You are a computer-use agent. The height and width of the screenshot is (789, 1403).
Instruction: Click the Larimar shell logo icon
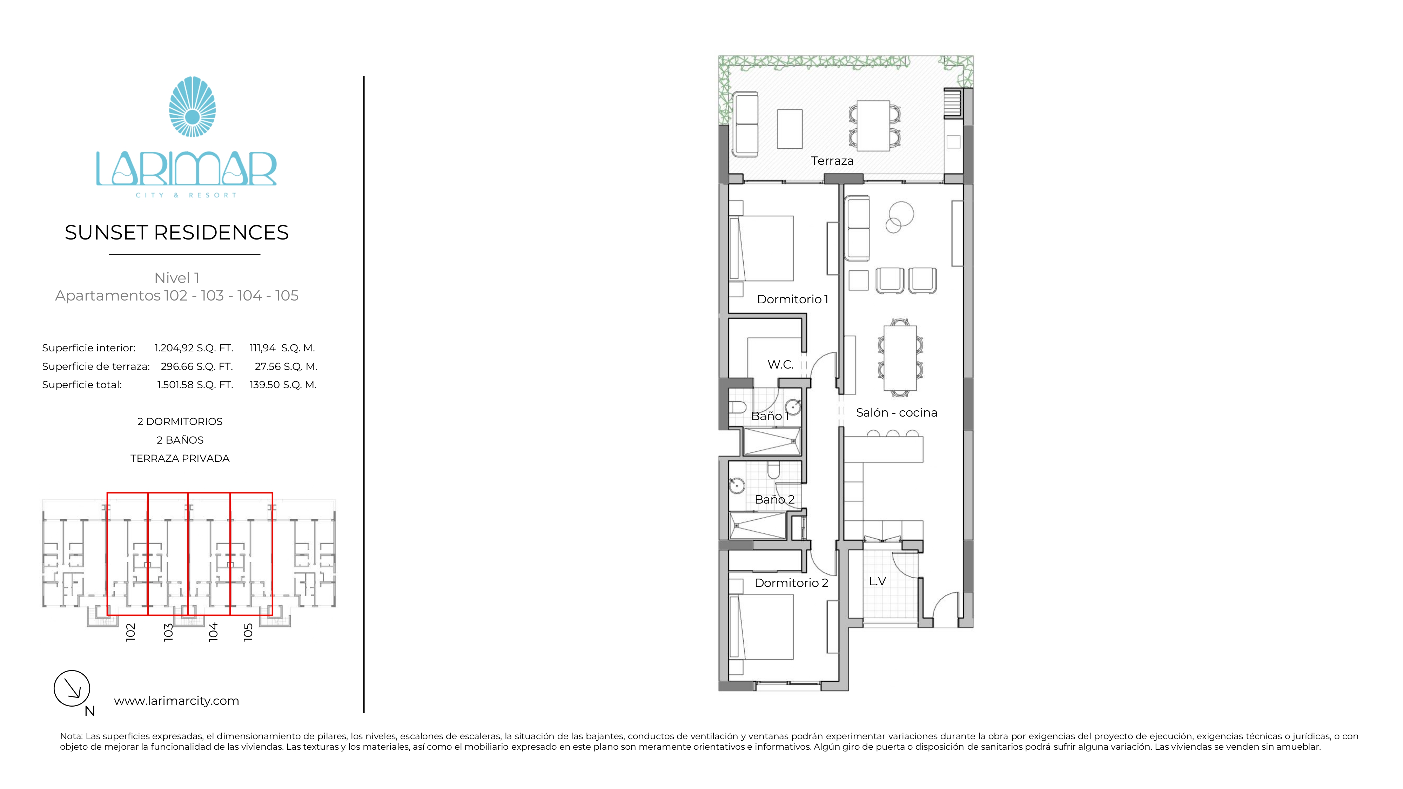point(192,107)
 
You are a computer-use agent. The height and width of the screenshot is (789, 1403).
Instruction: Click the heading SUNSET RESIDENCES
point(176,232)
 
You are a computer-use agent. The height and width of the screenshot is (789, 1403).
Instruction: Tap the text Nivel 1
point(176,278)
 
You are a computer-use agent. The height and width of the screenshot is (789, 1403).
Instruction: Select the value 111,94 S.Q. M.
point(282,348)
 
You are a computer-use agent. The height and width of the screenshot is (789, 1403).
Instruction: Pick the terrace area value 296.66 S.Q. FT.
point(197,366)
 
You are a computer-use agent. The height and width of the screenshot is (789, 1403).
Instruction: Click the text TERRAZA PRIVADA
point(180,458)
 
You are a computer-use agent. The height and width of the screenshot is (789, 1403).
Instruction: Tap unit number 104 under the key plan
point(213,632)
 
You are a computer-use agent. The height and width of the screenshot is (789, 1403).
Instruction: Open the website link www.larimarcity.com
point(176,701)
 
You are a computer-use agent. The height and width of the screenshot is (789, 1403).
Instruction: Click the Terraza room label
point(832,161)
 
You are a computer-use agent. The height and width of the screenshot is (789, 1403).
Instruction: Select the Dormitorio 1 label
point(792,299)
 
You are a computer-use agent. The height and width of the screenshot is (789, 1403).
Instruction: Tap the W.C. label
point(780,364)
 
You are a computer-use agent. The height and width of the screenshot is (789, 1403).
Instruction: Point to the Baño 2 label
point(774,499)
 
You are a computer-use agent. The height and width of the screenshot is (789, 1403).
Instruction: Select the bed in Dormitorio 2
point(761,627)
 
